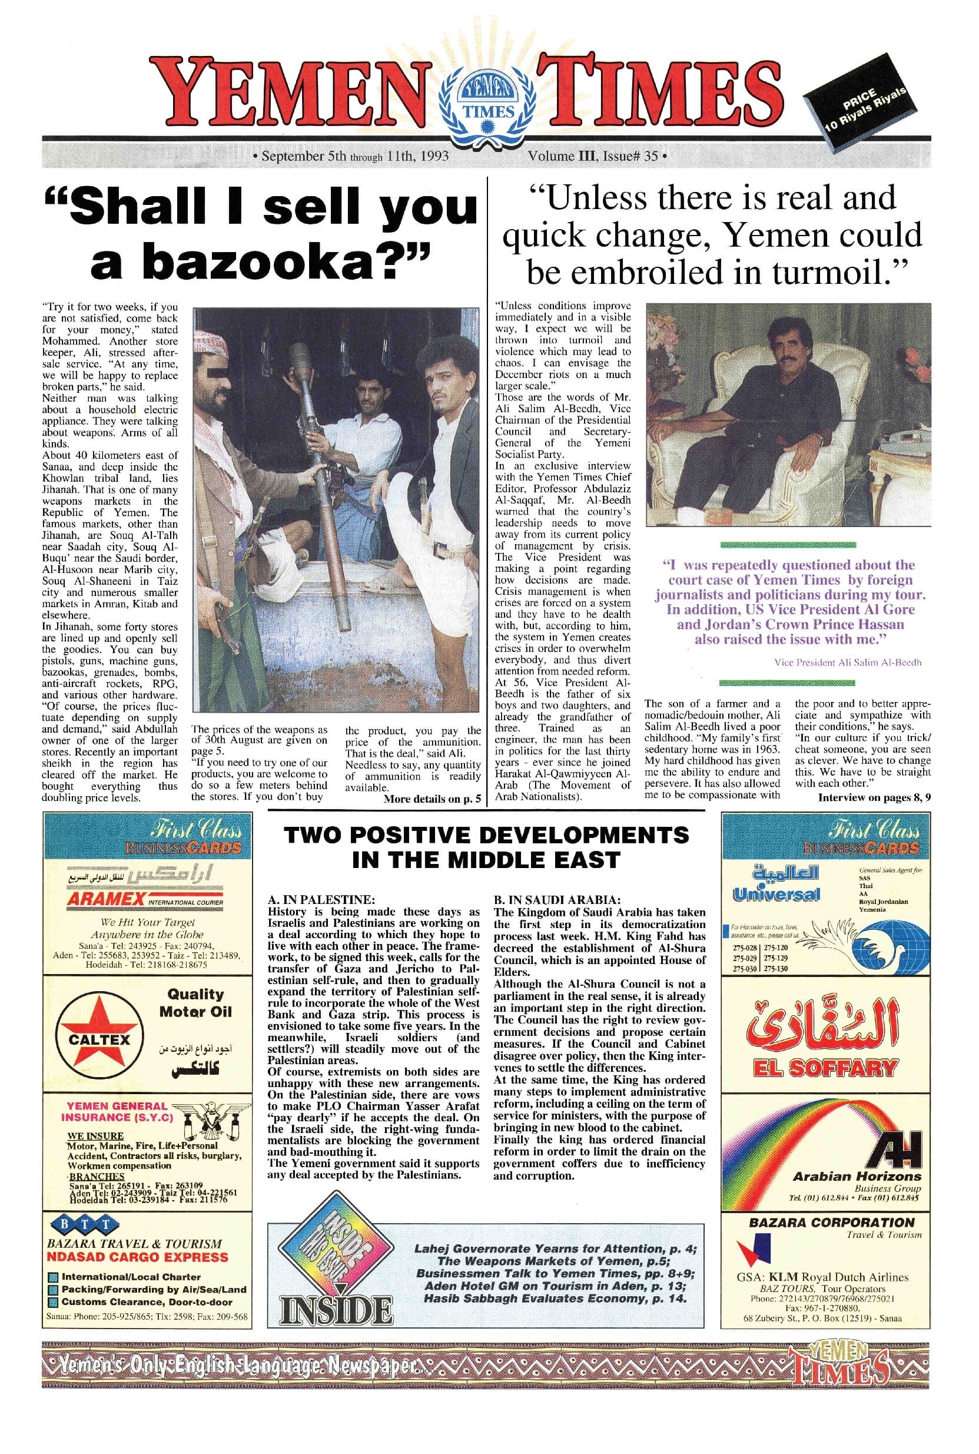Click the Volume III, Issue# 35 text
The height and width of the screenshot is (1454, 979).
pyautogui.click(x=593, y=155)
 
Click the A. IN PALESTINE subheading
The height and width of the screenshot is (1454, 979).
pyautogui.click(x=321, y=900)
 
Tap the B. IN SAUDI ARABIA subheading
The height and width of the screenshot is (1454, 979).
pyautogui.click(x=557, y=900)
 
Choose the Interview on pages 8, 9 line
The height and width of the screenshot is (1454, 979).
pyautogui.click(x=874, y=797)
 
